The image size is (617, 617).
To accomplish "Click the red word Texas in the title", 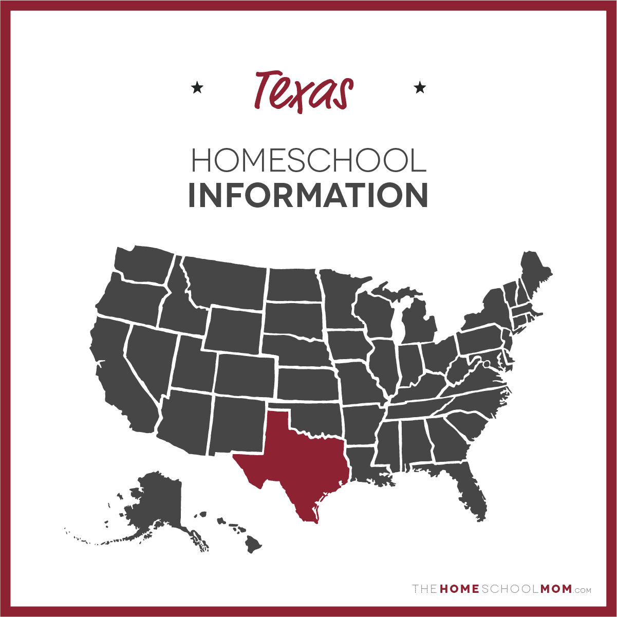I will pyautogui.click(x=303, y=91).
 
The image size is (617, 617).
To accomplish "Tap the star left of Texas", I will pyautogui.click(x=197, y=88).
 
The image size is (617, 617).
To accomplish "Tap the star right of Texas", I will pyautogui.click(x=420, y=88).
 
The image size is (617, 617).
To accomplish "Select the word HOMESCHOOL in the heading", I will pyautogui.click(x=308, y=161).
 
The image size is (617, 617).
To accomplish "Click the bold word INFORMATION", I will pyautogui.click(x=308, y=195).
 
